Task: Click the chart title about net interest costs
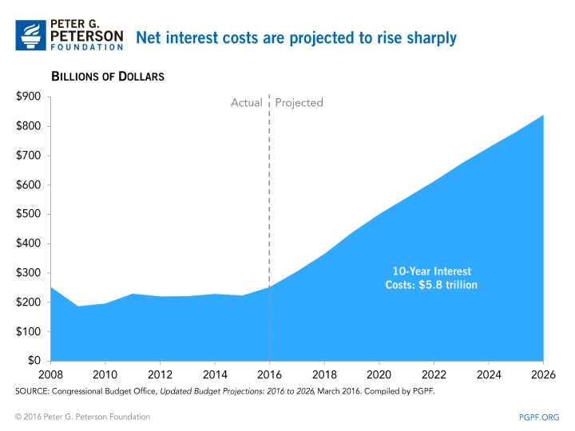click(x=295, y=38)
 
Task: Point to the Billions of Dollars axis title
click(x=108, y=77)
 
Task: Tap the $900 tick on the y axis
click(x=29, y=97)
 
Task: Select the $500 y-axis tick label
click(x=29, y=214)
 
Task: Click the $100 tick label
click(x=29, y=331)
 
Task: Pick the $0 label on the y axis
click(x=34, y=361)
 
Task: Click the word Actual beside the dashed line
click(x=247, y=103)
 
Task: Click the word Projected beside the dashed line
click(x=299, y=103)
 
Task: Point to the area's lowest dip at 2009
click(x=77, y=306)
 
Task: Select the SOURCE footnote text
click(x=224, y=391)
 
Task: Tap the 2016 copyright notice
click(x=82, y=417)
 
